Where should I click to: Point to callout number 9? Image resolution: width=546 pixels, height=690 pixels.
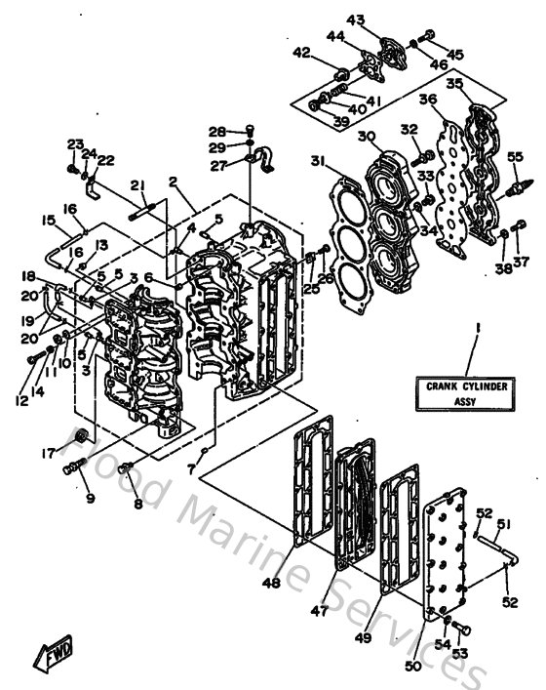(x=90, y=499)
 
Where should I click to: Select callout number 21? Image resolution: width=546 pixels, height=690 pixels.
(x=137, y=186)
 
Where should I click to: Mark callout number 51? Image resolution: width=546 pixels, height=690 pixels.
(x=502, y=532)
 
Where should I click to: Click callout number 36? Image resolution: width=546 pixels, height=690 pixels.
(x=427, y=99)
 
